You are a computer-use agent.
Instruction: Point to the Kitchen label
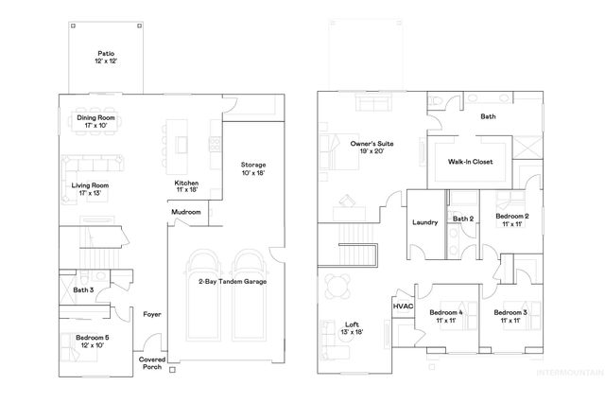click(186, 186)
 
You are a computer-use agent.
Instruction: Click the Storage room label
click(253, 168)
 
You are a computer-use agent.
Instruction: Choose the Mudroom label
click(186, 213)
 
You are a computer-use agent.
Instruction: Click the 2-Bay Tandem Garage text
click(233, 282)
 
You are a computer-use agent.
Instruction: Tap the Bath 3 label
click(84, 289)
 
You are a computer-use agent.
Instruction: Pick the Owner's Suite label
click(372, 148)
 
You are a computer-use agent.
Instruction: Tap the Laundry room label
click(424, 223)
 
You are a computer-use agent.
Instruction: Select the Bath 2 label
click(462, 219)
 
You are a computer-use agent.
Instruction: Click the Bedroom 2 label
click(511, 219)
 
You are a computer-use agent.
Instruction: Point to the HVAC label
click(403, 307)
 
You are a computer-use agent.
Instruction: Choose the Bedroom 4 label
click(445, 316)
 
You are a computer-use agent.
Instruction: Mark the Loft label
click(351, 328)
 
